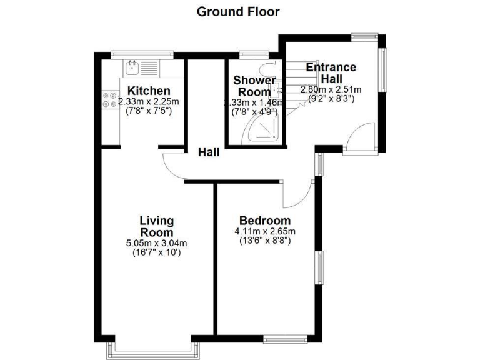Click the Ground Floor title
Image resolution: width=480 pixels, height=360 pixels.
point(238,11)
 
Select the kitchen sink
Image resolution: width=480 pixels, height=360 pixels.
point(133,64)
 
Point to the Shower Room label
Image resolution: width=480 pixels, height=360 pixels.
point(254,86)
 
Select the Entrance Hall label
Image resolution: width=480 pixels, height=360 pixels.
point(330,73)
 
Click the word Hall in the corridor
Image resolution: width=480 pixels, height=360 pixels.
point(209,152)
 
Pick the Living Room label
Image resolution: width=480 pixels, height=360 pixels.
point(156,227)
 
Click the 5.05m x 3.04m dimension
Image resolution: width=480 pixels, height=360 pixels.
point(156,243)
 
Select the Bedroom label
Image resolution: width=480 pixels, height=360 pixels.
point(265,221)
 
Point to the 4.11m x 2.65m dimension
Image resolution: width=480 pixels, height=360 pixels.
point(265,232)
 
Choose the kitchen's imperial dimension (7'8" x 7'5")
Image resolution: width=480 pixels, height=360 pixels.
point(149,111)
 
